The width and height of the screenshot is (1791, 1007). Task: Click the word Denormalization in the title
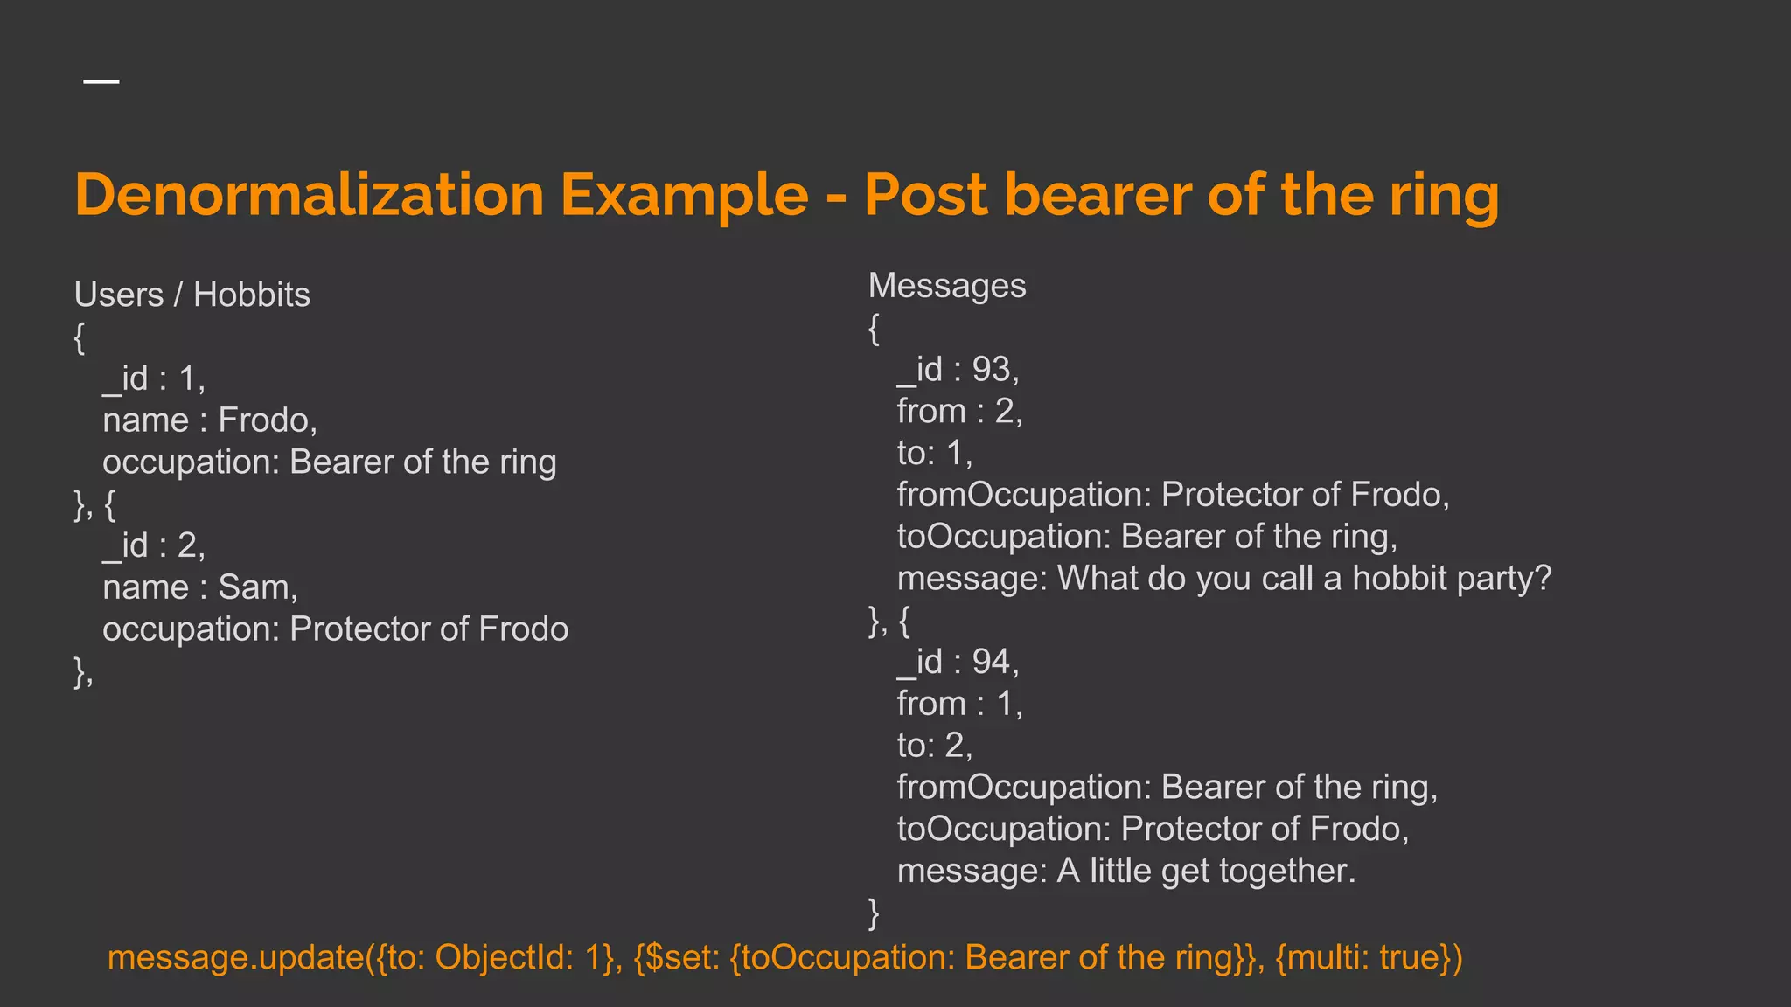(310, 194)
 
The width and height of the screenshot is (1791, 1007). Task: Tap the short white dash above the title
(101, 81)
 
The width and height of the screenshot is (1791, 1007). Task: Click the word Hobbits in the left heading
(251, 295)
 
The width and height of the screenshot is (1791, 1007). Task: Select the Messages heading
(947, 286)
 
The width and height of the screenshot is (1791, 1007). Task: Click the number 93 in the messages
(991, 370)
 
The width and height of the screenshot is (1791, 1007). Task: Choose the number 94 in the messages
(991, 662)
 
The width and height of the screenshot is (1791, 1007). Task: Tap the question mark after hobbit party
(1543, 578)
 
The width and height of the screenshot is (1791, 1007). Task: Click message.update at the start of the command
(235, 957)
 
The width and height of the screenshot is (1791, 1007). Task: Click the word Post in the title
(926, 194)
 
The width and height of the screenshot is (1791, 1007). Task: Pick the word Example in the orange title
(684, 194)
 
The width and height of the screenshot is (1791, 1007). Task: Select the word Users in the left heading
(119, 295)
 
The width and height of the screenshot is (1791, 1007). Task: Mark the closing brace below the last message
(874, 913)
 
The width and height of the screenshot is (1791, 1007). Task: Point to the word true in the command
(1408, 957)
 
